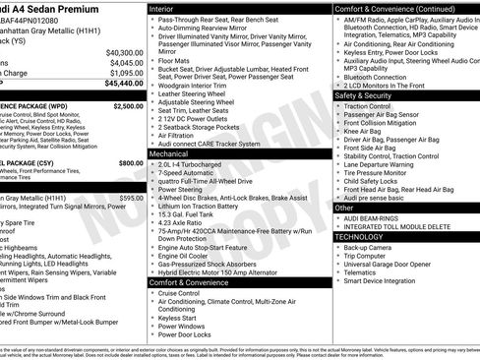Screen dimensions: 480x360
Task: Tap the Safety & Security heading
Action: pos(363,96)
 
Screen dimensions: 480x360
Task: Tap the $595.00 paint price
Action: pos(130,198)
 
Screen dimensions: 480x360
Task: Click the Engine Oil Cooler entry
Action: pos(188,254)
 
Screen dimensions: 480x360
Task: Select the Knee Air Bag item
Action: pos(363,131)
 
